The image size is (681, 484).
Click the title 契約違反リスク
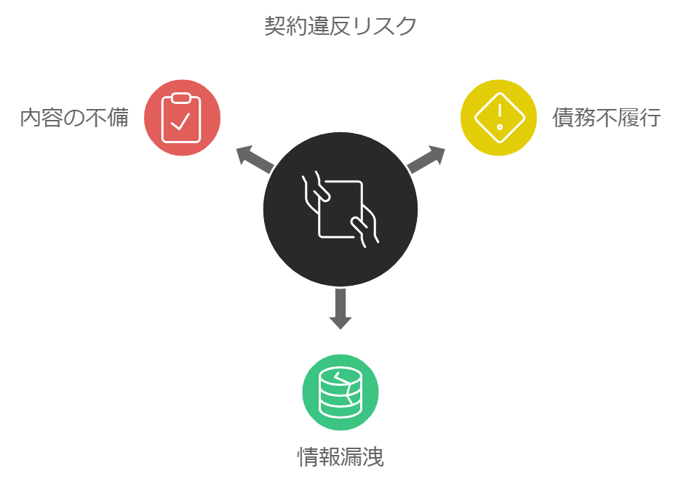tap(340, 26)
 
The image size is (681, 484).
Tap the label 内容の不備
tap(74, 118)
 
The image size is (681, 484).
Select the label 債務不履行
tap(606, 118)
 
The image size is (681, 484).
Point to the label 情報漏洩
tap(340, 456)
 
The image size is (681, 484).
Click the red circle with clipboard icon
tap(182, 118)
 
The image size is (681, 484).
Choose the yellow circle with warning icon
tap(498, 118)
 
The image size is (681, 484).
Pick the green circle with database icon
tap(340, 392)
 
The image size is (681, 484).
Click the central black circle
tap(340, 209)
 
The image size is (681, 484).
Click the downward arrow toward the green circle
tap(340, 309)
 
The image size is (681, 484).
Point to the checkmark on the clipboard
tap(180, 121)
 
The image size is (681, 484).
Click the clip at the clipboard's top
tap(181, 98)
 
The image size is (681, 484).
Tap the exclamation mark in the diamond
tap(500, 116)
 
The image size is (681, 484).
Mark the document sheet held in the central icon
tap(340, 209)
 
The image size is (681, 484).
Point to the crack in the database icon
tap(345, 388)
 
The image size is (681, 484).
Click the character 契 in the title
tap(275, 26)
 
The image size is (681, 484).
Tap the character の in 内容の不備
tap(75, 118)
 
